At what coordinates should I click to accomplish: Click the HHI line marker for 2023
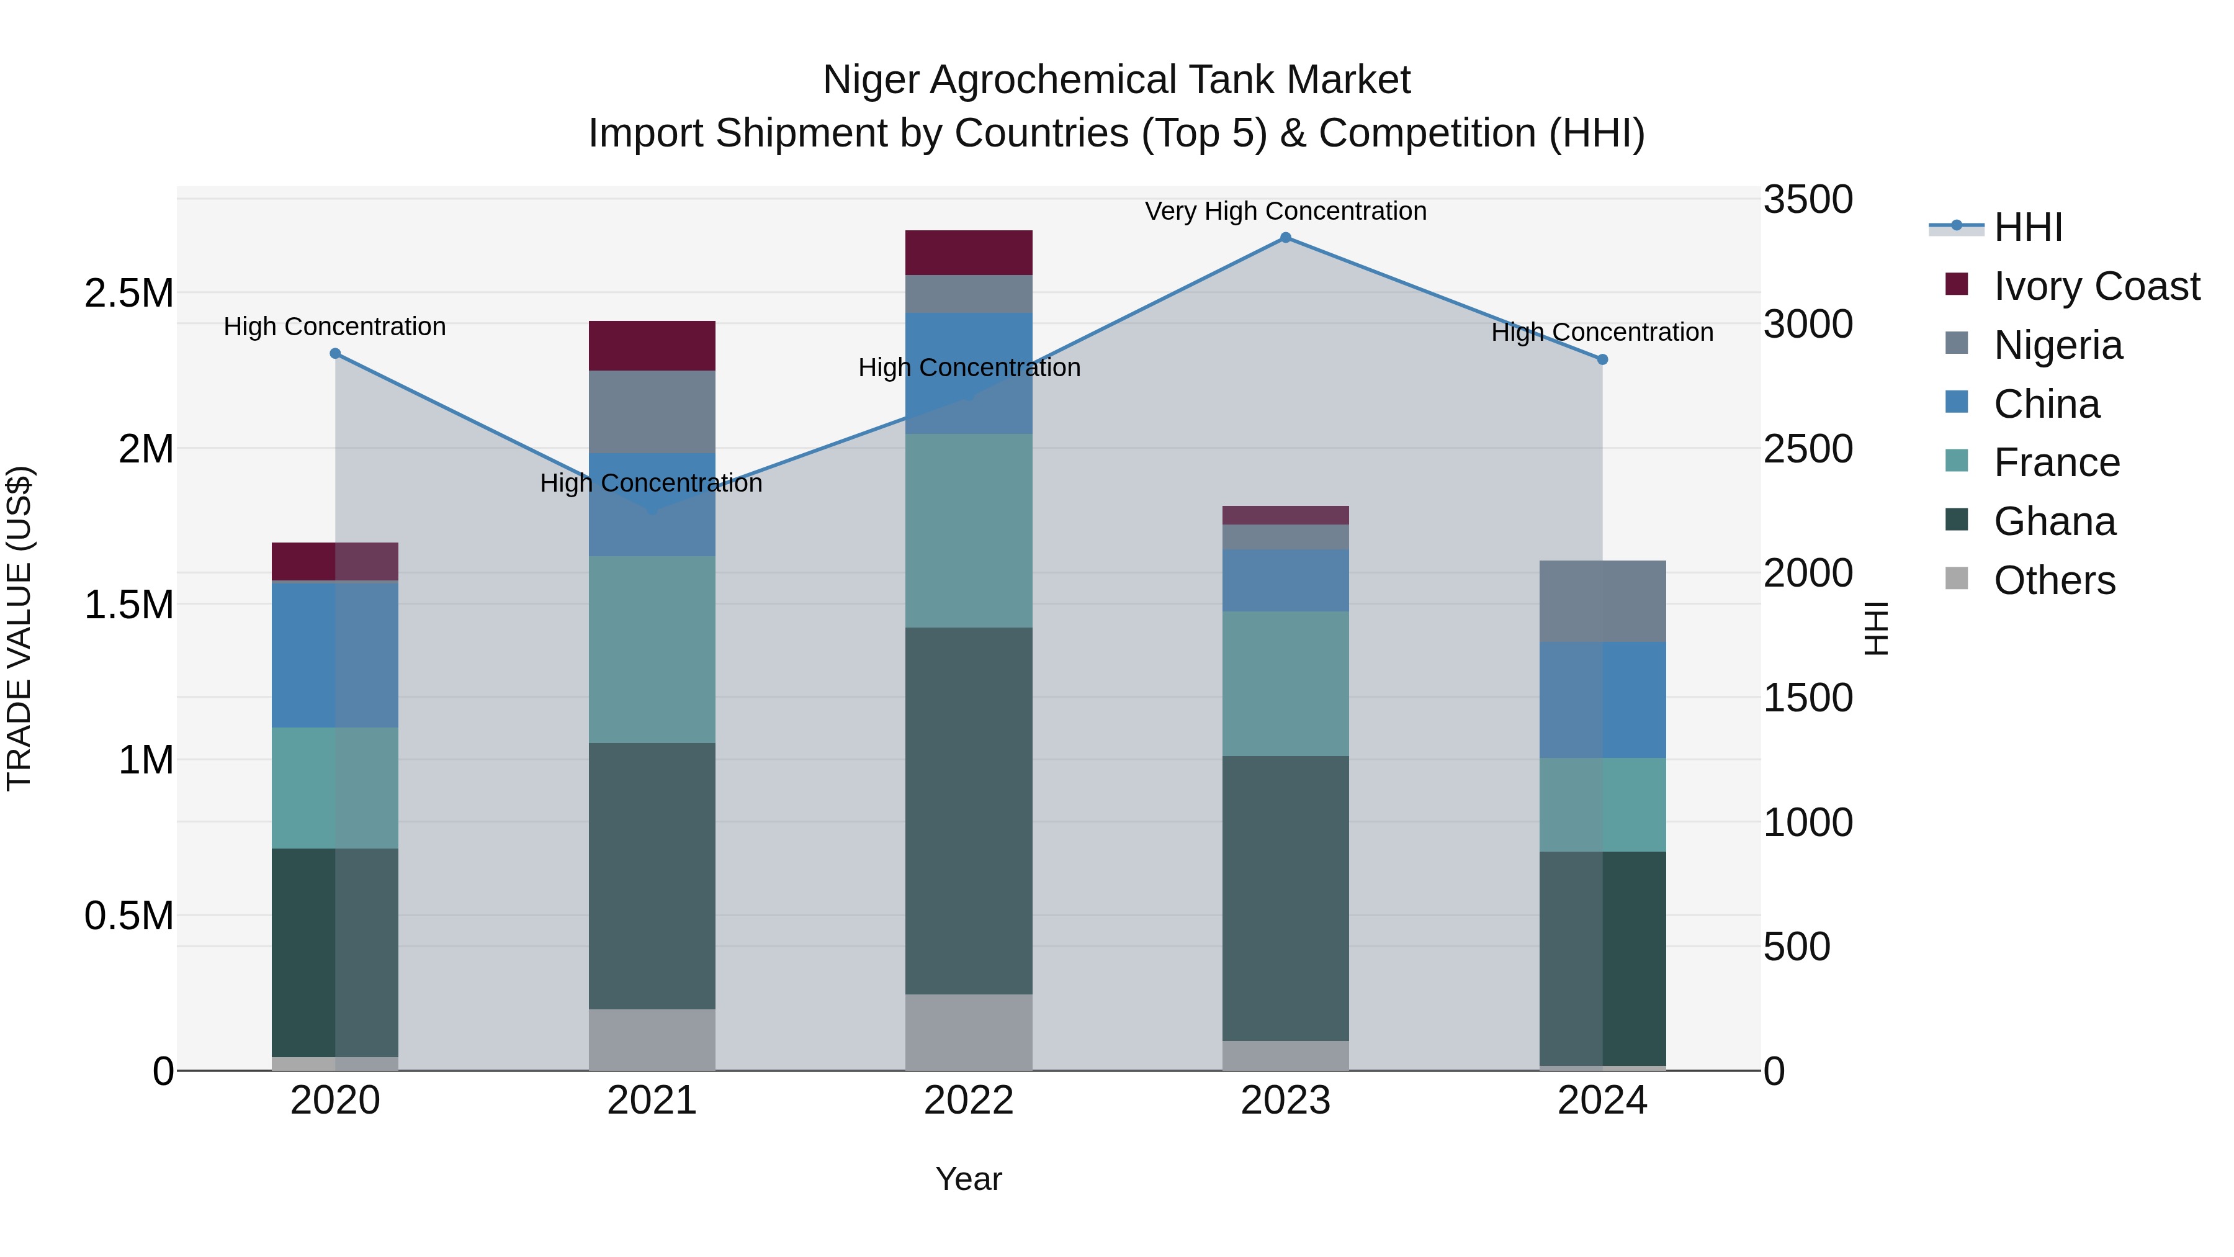click(x=1285, y=238)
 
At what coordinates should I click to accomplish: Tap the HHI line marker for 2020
click(x=336, y=354)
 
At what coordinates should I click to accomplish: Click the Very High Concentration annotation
click(x=1285, y=211)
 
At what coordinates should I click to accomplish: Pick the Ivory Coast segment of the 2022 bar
click(x=969, y=253)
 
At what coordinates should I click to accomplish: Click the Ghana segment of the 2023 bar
click(x=1285, y=898)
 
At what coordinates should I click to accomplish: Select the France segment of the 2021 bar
click(x=652, y=649)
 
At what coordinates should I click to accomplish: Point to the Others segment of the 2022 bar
click(x=969, y=1032)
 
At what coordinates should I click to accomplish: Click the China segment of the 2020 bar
click(x=336, y=655)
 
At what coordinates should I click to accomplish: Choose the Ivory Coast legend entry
click(x=2096, y=286)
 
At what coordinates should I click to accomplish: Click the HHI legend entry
click(x=2027, y=227)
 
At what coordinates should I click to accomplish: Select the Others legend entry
click(x=2053, y=580)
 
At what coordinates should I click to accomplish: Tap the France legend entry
click(x=2057, y=462)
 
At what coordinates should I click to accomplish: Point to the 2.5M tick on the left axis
click(x=128, y=293)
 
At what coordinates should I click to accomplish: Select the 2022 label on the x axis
click(x=969, y=1100)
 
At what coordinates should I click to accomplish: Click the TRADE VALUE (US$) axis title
click(x=19, y=628)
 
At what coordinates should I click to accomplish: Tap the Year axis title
click(x=969, y=1179)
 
